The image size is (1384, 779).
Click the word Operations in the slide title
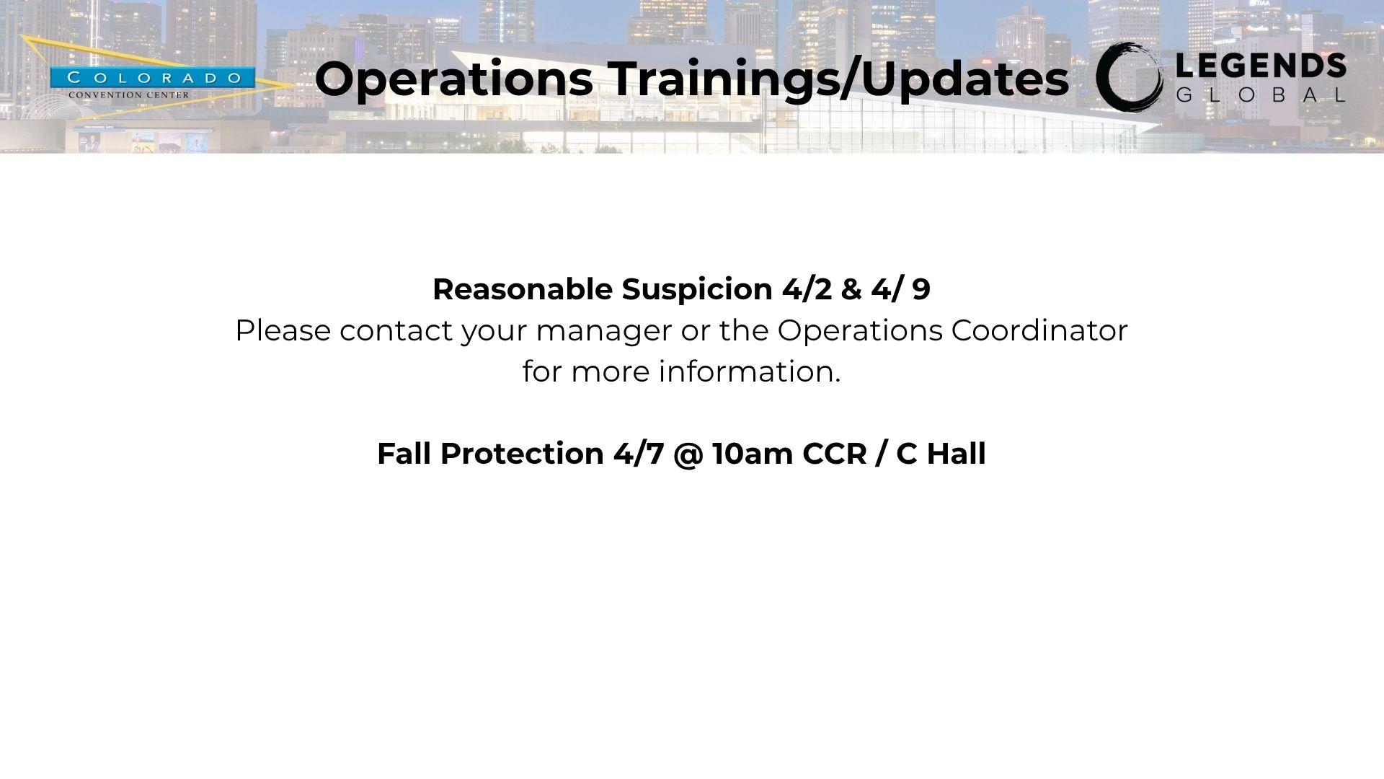[453, 80]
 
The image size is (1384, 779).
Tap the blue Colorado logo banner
[152, 78]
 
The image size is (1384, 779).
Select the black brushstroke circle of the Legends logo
[1129, 77]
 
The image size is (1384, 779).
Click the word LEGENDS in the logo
[1261, 67]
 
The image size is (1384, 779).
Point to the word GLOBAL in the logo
[1261, 94]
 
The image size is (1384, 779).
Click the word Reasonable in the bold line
[521, 289]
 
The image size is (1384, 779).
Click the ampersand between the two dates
[851, 289]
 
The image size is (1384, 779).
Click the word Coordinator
[1039, 330]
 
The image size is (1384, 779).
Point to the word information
[750, 371]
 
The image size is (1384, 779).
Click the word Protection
[523, 454]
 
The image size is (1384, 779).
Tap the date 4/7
[639, 454]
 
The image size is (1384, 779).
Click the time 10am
[753, 454]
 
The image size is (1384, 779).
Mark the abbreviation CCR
[835, 454]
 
